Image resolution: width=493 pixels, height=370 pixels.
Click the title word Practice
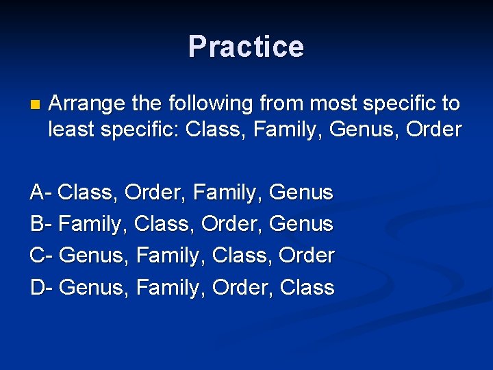(246, 47)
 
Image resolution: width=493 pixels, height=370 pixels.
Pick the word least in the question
(72, 129)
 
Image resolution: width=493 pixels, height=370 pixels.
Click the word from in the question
(283, 104)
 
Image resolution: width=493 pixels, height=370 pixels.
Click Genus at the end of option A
(301, 193)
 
